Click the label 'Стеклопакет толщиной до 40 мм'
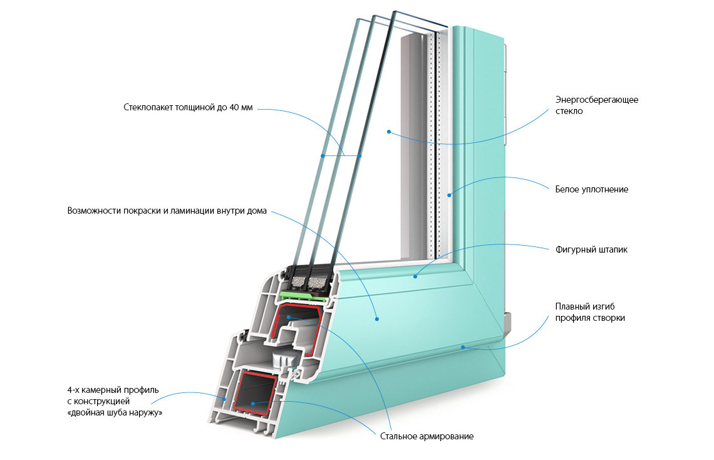click(188, 107)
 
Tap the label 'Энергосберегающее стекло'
click(596, 105)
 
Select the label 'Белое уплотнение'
click(591, 189)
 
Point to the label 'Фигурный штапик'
click(591, 249)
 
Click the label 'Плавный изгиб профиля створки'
click(590, 312)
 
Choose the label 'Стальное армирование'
click(427, 436)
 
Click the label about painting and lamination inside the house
click(167, 211)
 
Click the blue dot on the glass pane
click(389, 132)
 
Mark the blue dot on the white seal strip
click(449, 196)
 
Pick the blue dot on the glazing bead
click(415, 274)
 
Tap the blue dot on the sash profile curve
click(463, 347)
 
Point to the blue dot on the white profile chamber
click(224, 398)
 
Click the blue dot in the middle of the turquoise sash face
click(377, 319)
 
